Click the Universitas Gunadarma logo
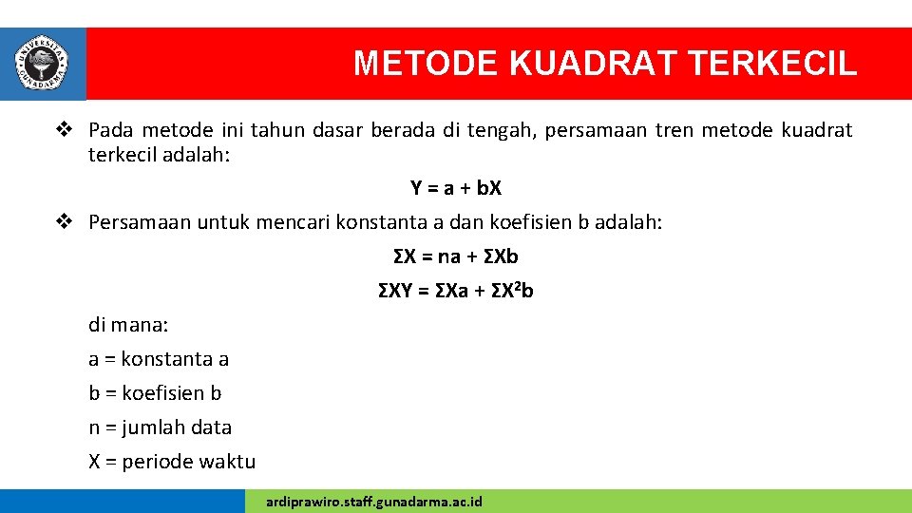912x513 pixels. pyautogui.click(x=42, y=63)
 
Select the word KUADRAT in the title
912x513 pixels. pyautogui.click(x=594, y=64)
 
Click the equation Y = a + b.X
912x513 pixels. pyautogui.click(x=456, y=188)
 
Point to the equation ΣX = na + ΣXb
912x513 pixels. pyautogui.click(x=456, y=256)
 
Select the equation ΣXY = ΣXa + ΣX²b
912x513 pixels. pyautogui.click(x=456, y=291)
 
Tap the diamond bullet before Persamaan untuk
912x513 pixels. pyautogui.click(x=64, y=222)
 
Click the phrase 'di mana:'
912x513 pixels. pyautogui.click(x=128, y=325)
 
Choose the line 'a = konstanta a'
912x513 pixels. pyautogui.click(x=159, y=359)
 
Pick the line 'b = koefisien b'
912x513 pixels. pyautogui.click(x=155, y=393)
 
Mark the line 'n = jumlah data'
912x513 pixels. pyautogui.click(x=160, y=427)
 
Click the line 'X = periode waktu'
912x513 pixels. pyautogui.click(x=172, y=462)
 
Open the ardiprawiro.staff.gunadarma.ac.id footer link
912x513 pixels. pyautogui.click(x=374, y=501)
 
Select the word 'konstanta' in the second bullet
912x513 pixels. pyautogui.click(x=384, y=222)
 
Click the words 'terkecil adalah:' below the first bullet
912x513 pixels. pyautogui.click(x=159, y=154)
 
